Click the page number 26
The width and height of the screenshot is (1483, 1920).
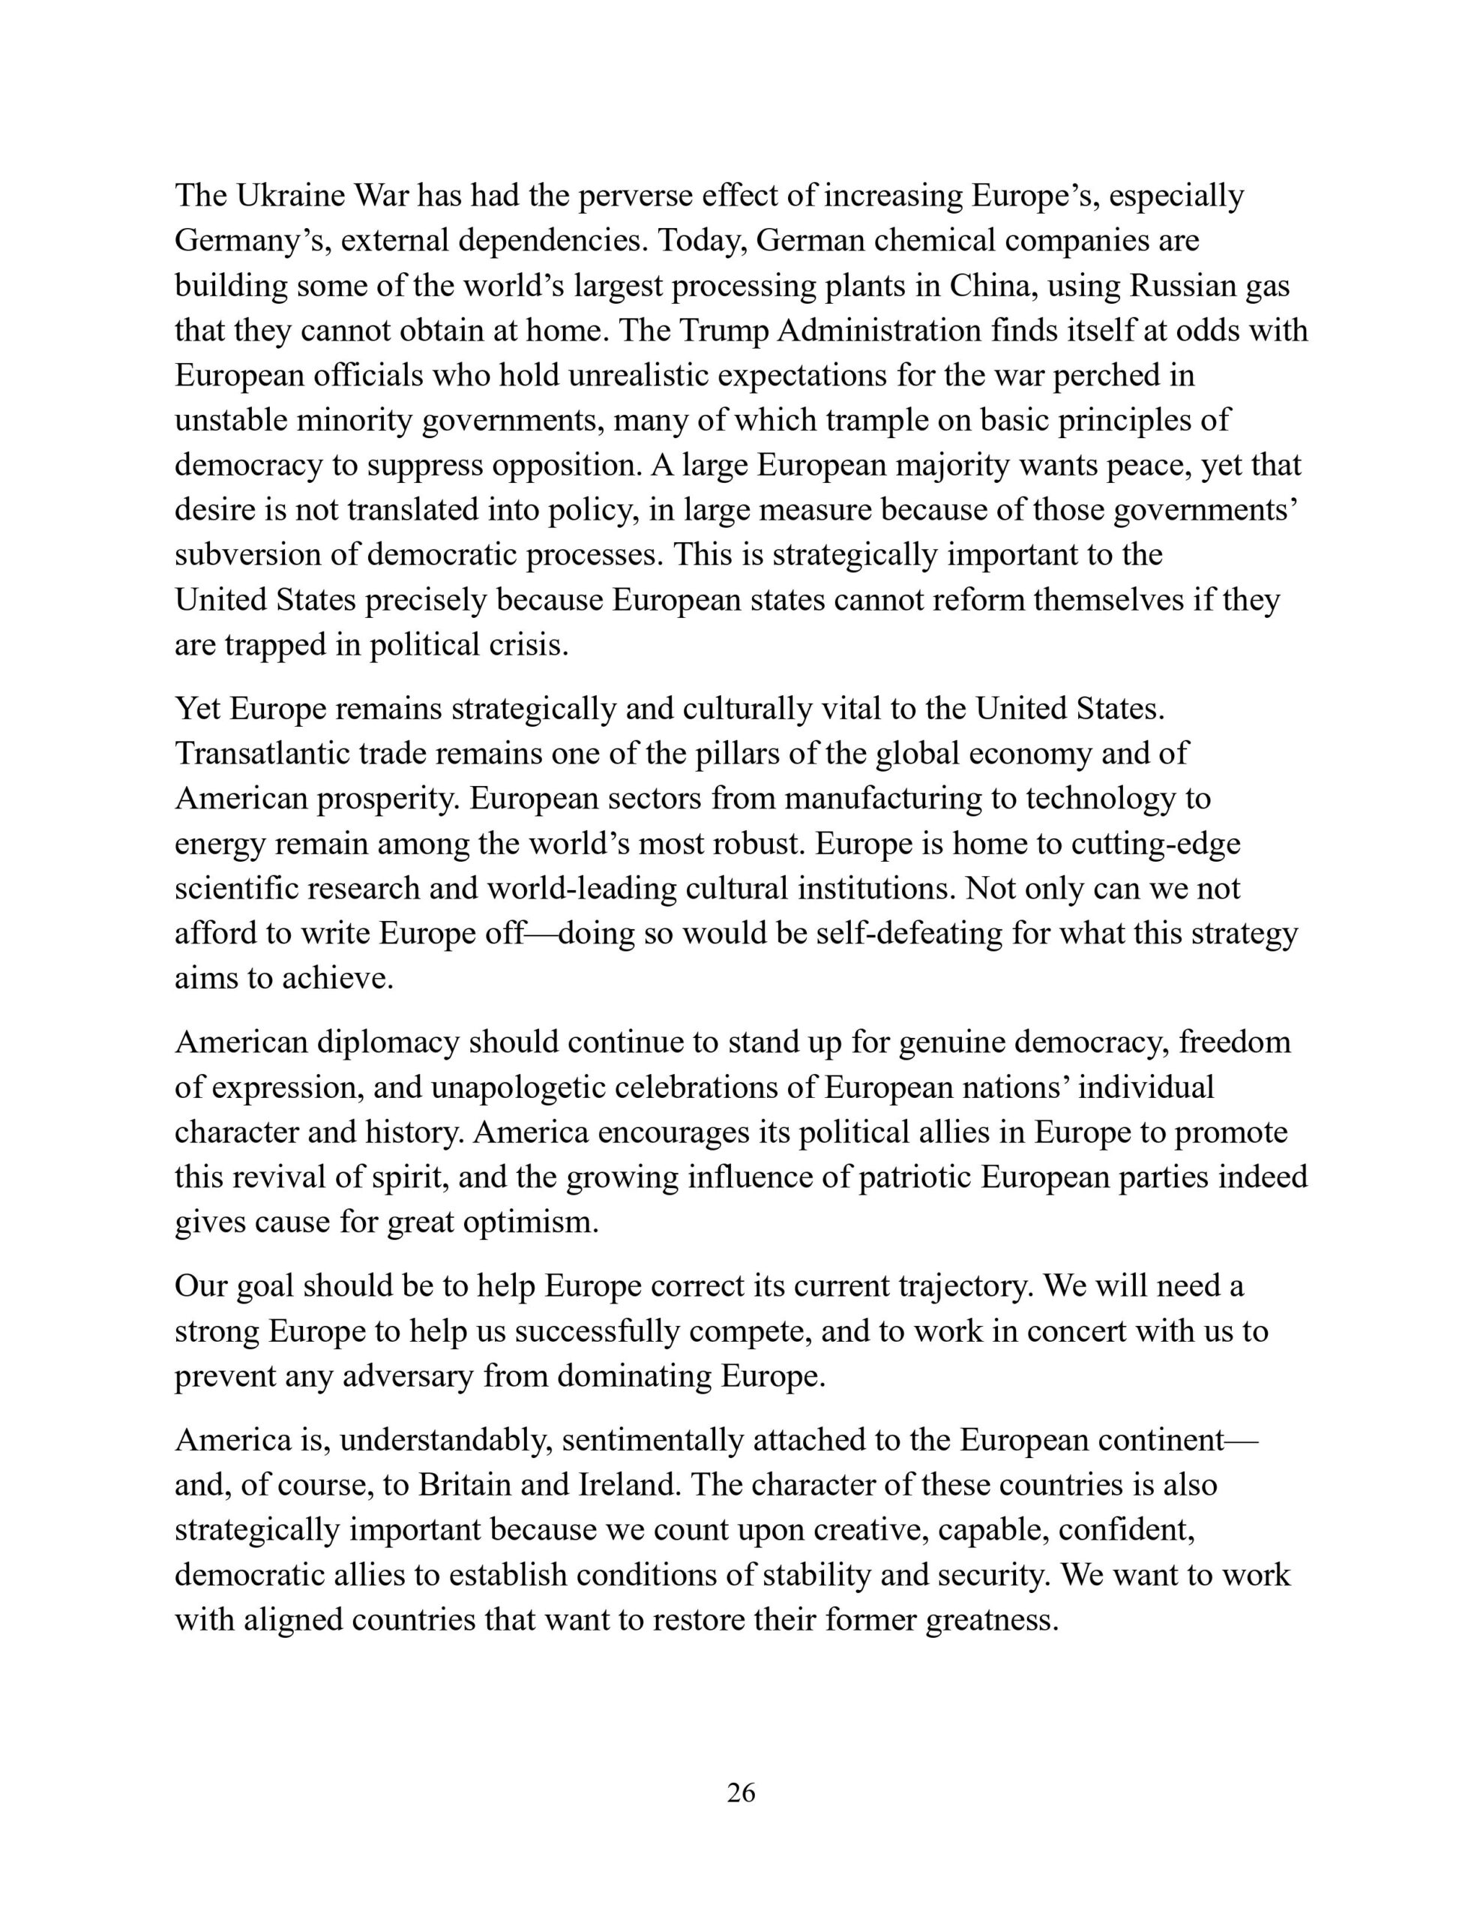pyautogui.click(x=741, y=1792)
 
